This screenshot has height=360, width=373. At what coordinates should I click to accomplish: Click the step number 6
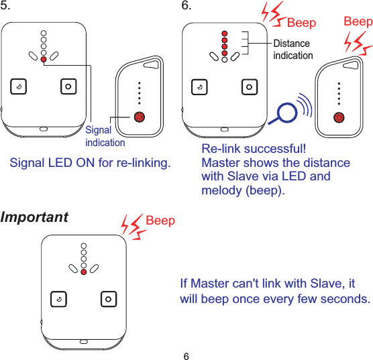[187, 7]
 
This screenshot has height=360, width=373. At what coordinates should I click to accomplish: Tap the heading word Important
[34, 218]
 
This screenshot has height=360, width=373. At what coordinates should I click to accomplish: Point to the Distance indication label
[292, 49]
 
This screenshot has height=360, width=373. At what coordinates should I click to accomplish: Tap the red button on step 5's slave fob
[140, 117]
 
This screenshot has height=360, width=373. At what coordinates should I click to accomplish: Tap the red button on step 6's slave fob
[339, 117]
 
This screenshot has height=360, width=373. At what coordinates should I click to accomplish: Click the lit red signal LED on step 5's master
[44, 60]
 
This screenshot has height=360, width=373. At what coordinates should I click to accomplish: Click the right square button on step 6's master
[249, 86]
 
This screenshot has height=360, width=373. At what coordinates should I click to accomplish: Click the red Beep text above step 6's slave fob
[358, 22]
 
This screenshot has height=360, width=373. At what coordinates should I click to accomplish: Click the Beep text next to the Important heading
[160, 221]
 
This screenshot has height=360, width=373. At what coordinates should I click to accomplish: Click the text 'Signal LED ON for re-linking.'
[90, 163]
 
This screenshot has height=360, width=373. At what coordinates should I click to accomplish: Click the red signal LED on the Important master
[83, 272]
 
